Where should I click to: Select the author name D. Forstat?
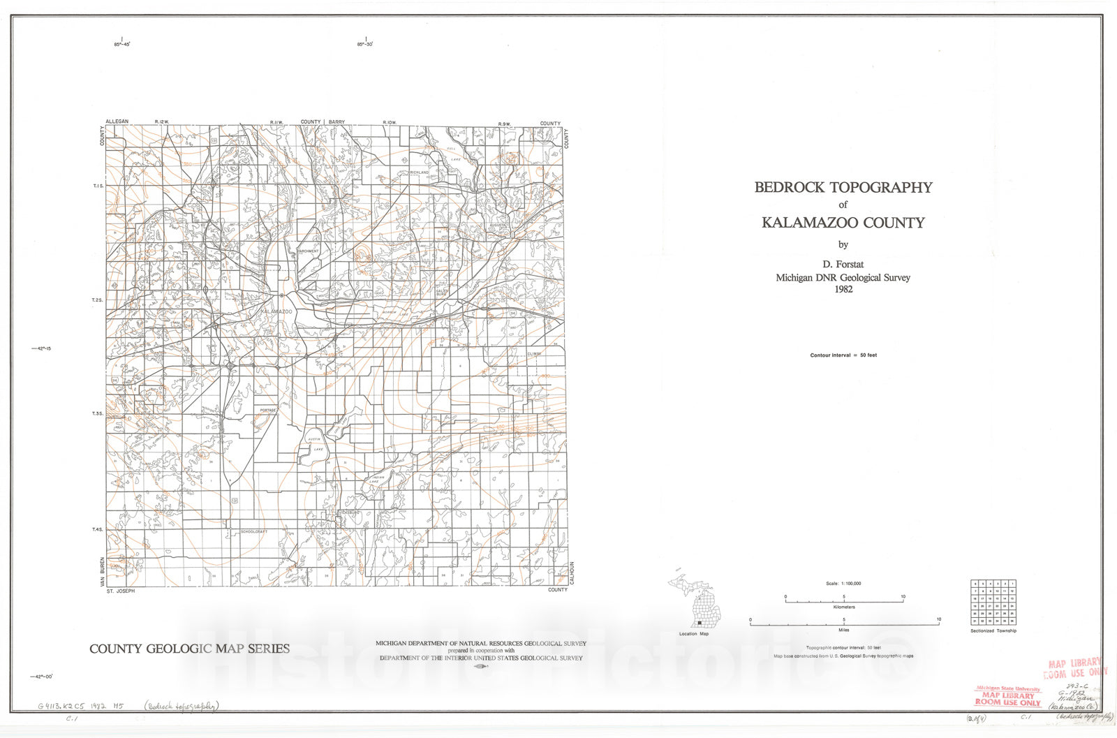pyautogui.click(x=843, y=264)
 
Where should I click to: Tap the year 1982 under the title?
pyautogui.click(x=843, y=289)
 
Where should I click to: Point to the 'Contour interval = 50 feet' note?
pyautogui.click(x=843, y=355)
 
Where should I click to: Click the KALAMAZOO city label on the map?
pyautogui.click(x=276, y=311)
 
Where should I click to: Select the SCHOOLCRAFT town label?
pyautogui.click(x=255, y=531)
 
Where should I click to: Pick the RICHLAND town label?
pyautogui.click(x=420, y=172)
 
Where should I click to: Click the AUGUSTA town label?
pyautogui.click(x=498, y=226)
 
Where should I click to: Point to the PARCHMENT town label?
pyautogui.click(x=308, y=251)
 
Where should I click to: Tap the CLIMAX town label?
pyautogui.click(x=534, y=354)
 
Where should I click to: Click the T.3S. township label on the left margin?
pyautogui.click(x=98, y=414)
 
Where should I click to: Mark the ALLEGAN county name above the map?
pyautogui.click(x=117, y=121)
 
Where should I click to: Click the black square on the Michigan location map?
pyautogui.click(x=699, y=623)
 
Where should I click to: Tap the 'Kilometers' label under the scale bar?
pyautogui.click(x=844, y=607)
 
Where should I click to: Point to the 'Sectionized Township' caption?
pyautogui.click(x=993, y=631)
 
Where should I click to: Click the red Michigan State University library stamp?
pyautogui.click(x=1007, y=696)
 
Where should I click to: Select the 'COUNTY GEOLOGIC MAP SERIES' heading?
pyautogui.click(x=189, y=649)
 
